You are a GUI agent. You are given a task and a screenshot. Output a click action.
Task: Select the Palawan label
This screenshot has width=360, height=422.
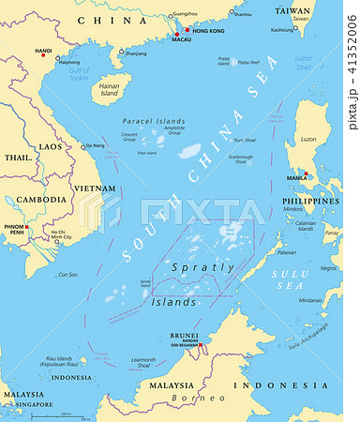(287, 252)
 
